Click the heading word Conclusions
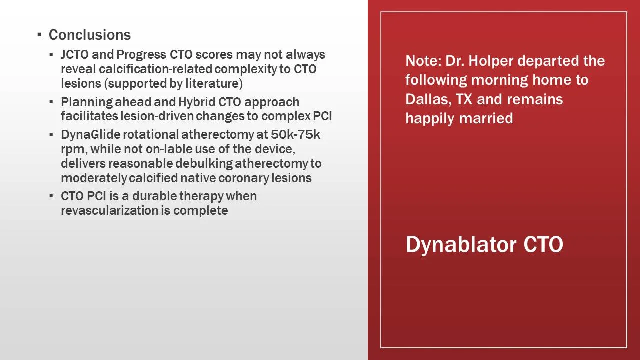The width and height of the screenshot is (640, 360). pos(90,35)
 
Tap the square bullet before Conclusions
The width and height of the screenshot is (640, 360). pos(39,35)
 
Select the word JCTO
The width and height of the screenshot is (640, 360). pos(75,54)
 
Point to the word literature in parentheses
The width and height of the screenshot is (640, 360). pos(213,83)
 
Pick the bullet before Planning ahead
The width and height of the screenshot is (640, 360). pos(51,102)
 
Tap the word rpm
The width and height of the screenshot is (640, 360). pos(73,149)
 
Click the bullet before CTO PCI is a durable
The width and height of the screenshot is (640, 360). pos(51,196)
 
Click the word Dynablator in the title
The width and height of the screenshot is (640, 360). pos(461,244)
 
